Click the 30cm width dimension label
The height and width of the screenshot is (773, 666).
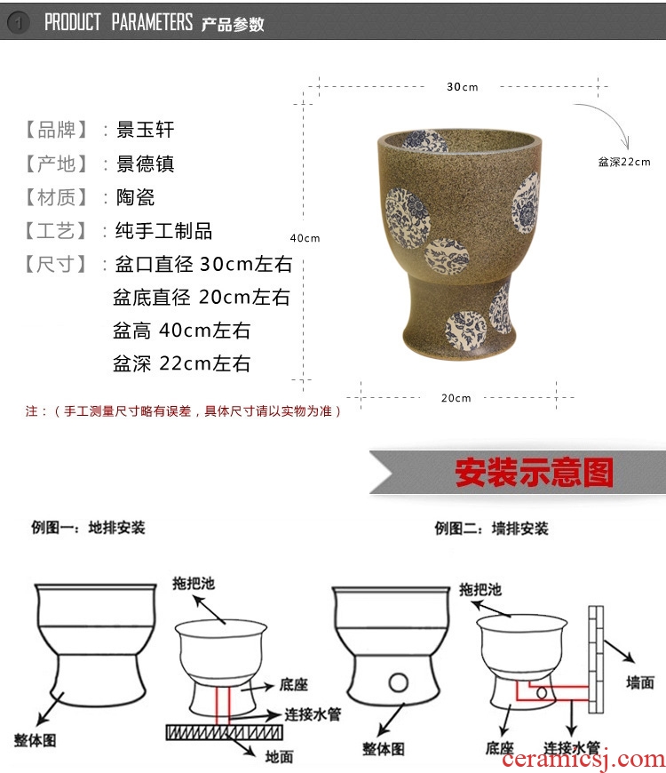click(x=462, y=87)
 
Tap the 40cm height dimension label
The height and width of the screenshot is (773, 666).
click(x=305, y=238)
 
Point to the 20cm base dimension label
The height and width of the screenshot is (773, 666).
click(x=456, y=398)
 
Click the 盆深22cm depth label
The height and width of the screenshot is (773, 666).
click(x=624, y=162)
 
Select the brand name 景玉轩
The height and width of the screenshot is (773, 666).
click(x=145, y=130)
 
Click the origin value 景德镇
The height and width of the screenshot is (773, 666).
click(x=145, y=163)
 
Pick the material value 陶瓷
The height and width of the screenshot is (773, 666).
click(x=135, y=197)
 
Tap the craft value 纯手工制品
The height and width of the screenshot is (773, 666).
click(x=163, y=231)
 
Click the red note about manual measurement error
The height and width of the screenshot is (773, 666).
click(x=183, y=411)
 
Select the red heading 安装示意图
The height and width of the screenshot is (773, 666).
click(x=534, y=473)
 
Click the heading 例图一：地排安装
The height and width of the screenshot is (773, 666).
click(x=88, y=528)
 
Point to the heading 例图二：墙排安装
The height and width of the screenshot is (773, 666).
click(x=491, y=529)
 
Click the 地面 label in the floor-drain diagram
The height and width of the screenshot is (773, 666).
click(x=280, y=756)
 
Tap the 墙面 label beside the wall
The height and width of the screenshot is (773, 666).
click(x=640, y=682)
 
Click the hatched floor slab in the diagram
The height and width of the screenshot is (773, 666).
click(x=224, y=733)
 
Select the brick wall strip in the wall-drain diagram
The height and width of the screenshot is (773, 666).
click(x=596, y=659)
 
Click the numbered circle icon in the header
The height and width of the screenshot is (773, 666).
click(x=19, y=22)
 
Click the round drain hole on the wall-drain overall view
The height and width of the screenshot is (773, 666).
click(x=398, y=682)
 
